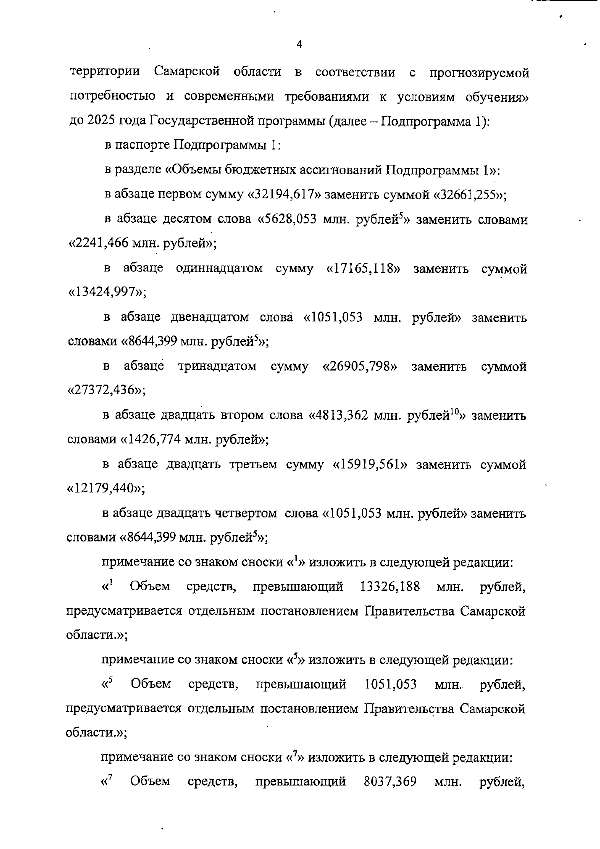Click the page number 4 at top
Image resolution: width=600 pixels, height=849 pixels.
click(299, 44)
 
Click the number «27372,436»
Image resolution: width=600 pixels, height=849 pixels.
click(105, 391)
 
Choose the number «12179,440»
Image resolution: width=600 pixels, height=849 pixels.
click(105, 489)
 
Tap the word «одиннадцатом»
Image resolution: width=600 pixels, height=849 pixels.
click(219, 269)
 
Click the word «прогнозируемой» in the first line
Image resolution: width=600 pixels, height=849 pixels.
click(479, 73)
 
